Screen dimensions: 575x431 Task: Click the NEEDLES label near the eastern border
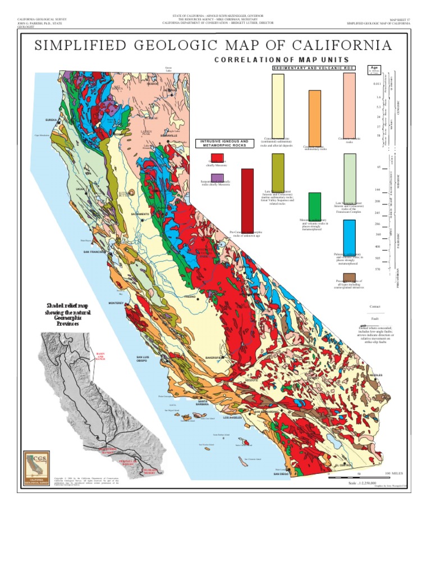[375, 375]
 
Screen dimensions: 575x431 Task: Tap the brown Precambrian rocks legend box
[349, 275]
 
